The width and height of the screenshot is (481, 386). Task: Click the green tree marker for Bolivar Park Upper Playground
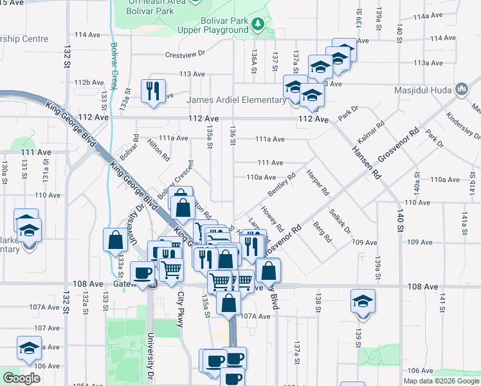[x=258, y=24]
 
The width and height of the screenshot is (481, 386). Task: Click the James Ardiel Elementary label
[x=236, y=100]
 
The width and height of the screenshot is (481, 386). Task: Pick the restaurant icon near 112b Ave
[x=153, y=91]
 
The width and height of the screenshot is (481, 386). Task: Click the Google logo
[x=21, y=378]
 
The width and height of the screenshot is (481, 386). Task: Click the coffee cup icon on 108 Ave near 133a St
[x=142, y=273]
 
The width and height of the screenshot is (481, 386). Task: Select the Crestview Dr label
[x=185, y=55]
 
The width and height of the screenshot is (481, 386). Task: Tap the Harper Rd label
[x=318, y=183]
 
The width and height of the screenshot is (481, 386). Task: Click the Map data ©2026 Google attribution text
[x=441, y=381]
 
